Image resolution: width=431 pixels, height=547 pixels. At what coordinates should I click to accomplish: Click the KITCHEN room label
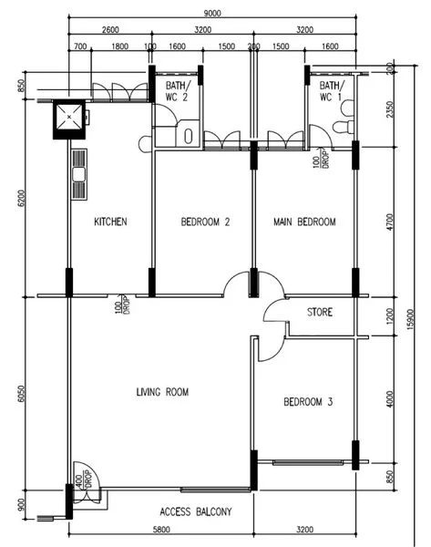(110, 222)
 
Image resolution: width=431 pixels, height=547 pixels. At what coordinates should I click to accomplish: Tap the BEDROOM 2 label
(204, 222)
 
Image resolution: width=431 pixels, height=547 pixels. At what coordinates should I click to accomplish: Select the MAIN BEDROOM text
(304, 222)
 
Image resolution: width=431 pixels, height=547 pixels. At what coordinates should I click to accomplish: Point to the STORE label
(320, 312)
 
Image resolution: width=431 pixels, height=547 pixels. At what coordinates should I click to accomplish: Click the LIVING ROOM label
(162, 392)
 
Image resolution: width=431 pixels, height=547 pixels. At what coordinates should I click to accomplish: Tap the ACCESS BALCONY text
(195, 511)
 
